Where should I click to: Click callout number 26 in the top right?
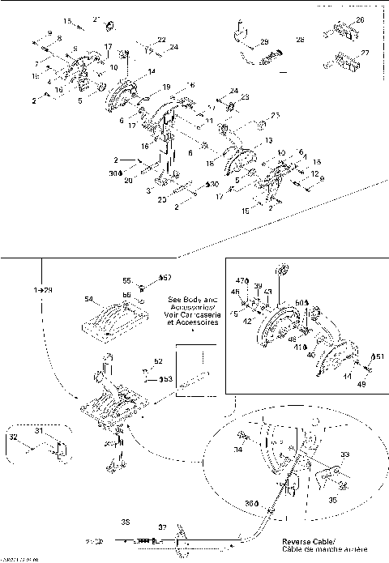pyautogui.click(x=360, y=19)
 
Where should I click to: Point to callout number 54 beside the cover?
pyautogui.click(x=88, y=299)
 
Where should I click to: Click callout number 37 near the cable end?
pyautogui.click(x=162, y=527)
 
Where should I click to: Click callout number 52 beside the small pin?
pyautogui.click(x=159, y=360)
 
